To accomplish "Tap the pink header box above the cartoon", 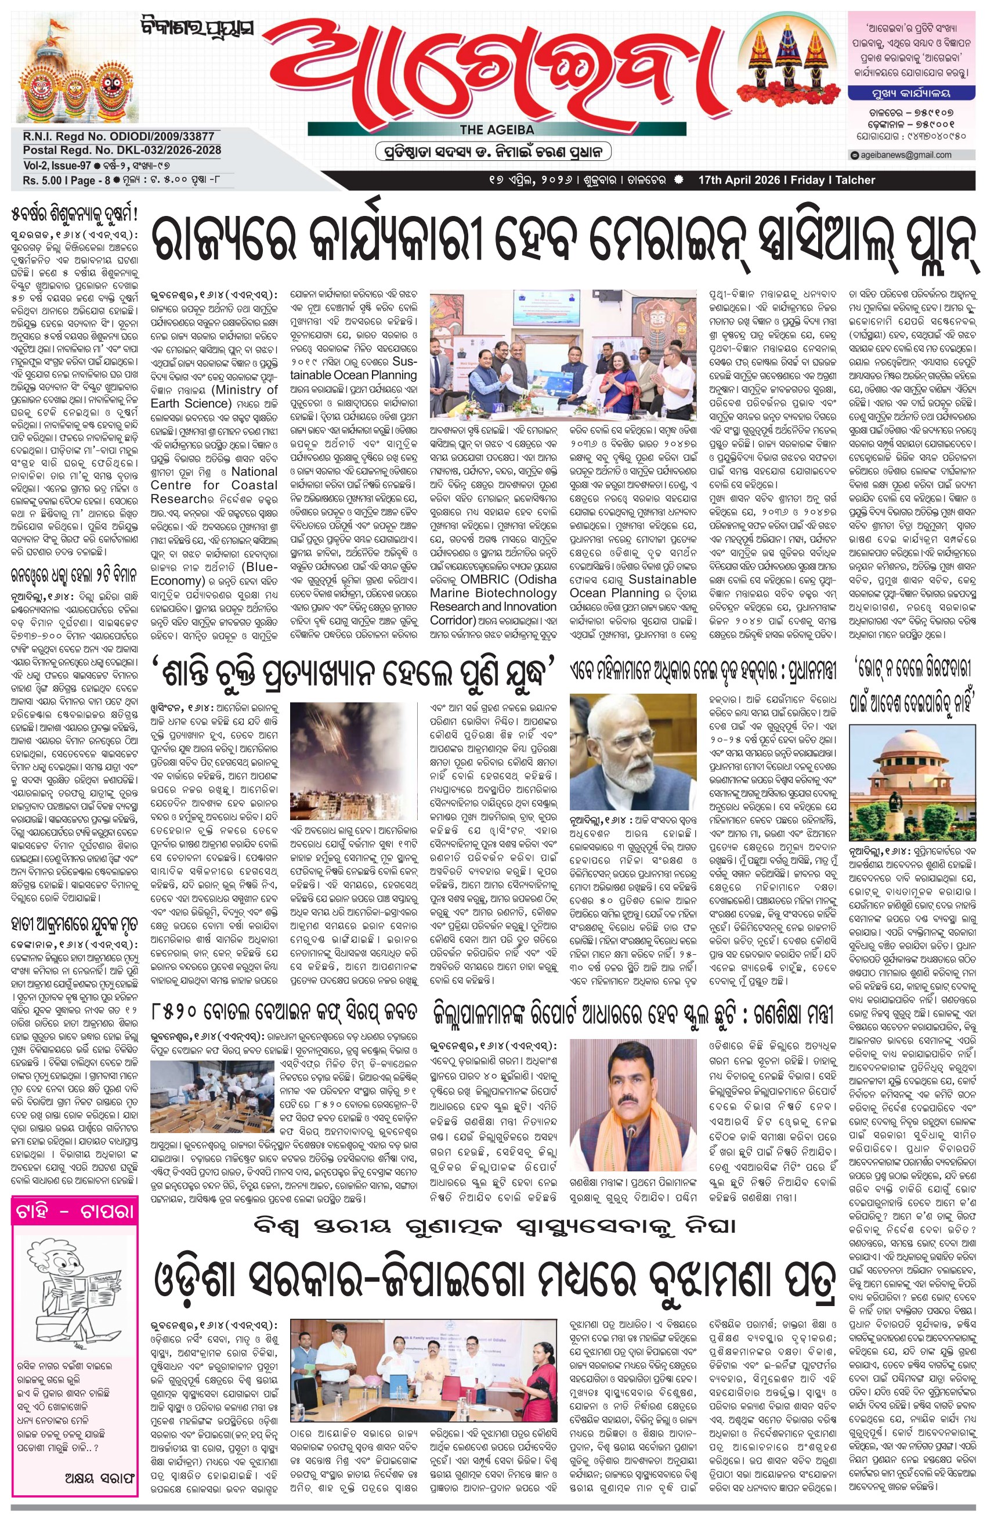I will (74, 1213).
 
